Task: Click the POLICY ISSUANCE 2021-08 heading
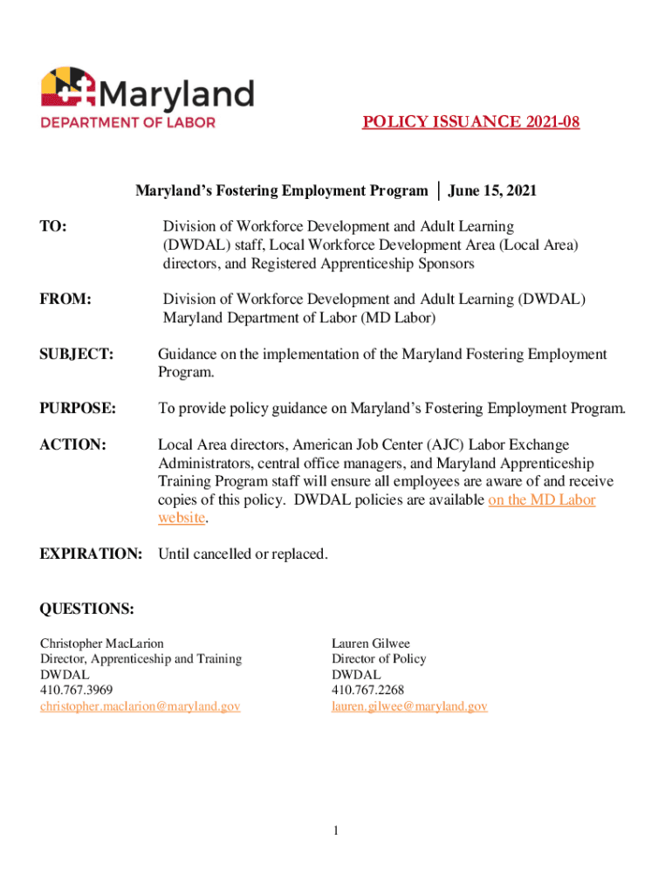pyautogui.click(x=470, y=122)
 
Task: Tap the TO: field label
pyautogui.click(x=54, y=227)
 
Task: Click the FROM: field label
pyautogui.click(x=65, y=299)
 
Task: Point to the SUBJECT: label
pyautogui.click(x=77, y=354)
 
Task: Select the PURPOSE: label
pyautogui.click(x=78, y=408)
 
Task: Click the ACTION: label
pyautogui.click(x=72, y=445)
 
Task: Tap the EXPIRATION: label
pyautogui.click(x=91, y=554)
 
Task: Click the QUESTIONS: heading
pyautogui.click(x=87, y=608)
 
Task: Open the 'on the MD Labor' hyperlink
pyautogui.click(x=542, y=499)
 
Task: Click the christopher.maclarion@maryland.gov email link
pyautogui.click(x=140, y=706)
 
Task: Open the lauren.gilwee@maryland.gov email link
pyautogui.click(x=409, y=706)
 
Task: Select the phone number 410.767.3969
pyautogui.click(x=76, y=691)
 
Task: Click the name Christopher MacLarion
pyautogui.click(x=101, y=643)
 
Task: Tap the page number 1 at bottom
pyautogui.click(x=335, y=830)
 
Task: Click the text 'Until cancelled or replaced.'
pyautogui.click(x=243, y=554)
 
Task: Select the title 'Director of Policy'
pyautogui.click(x=379, y=659)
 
